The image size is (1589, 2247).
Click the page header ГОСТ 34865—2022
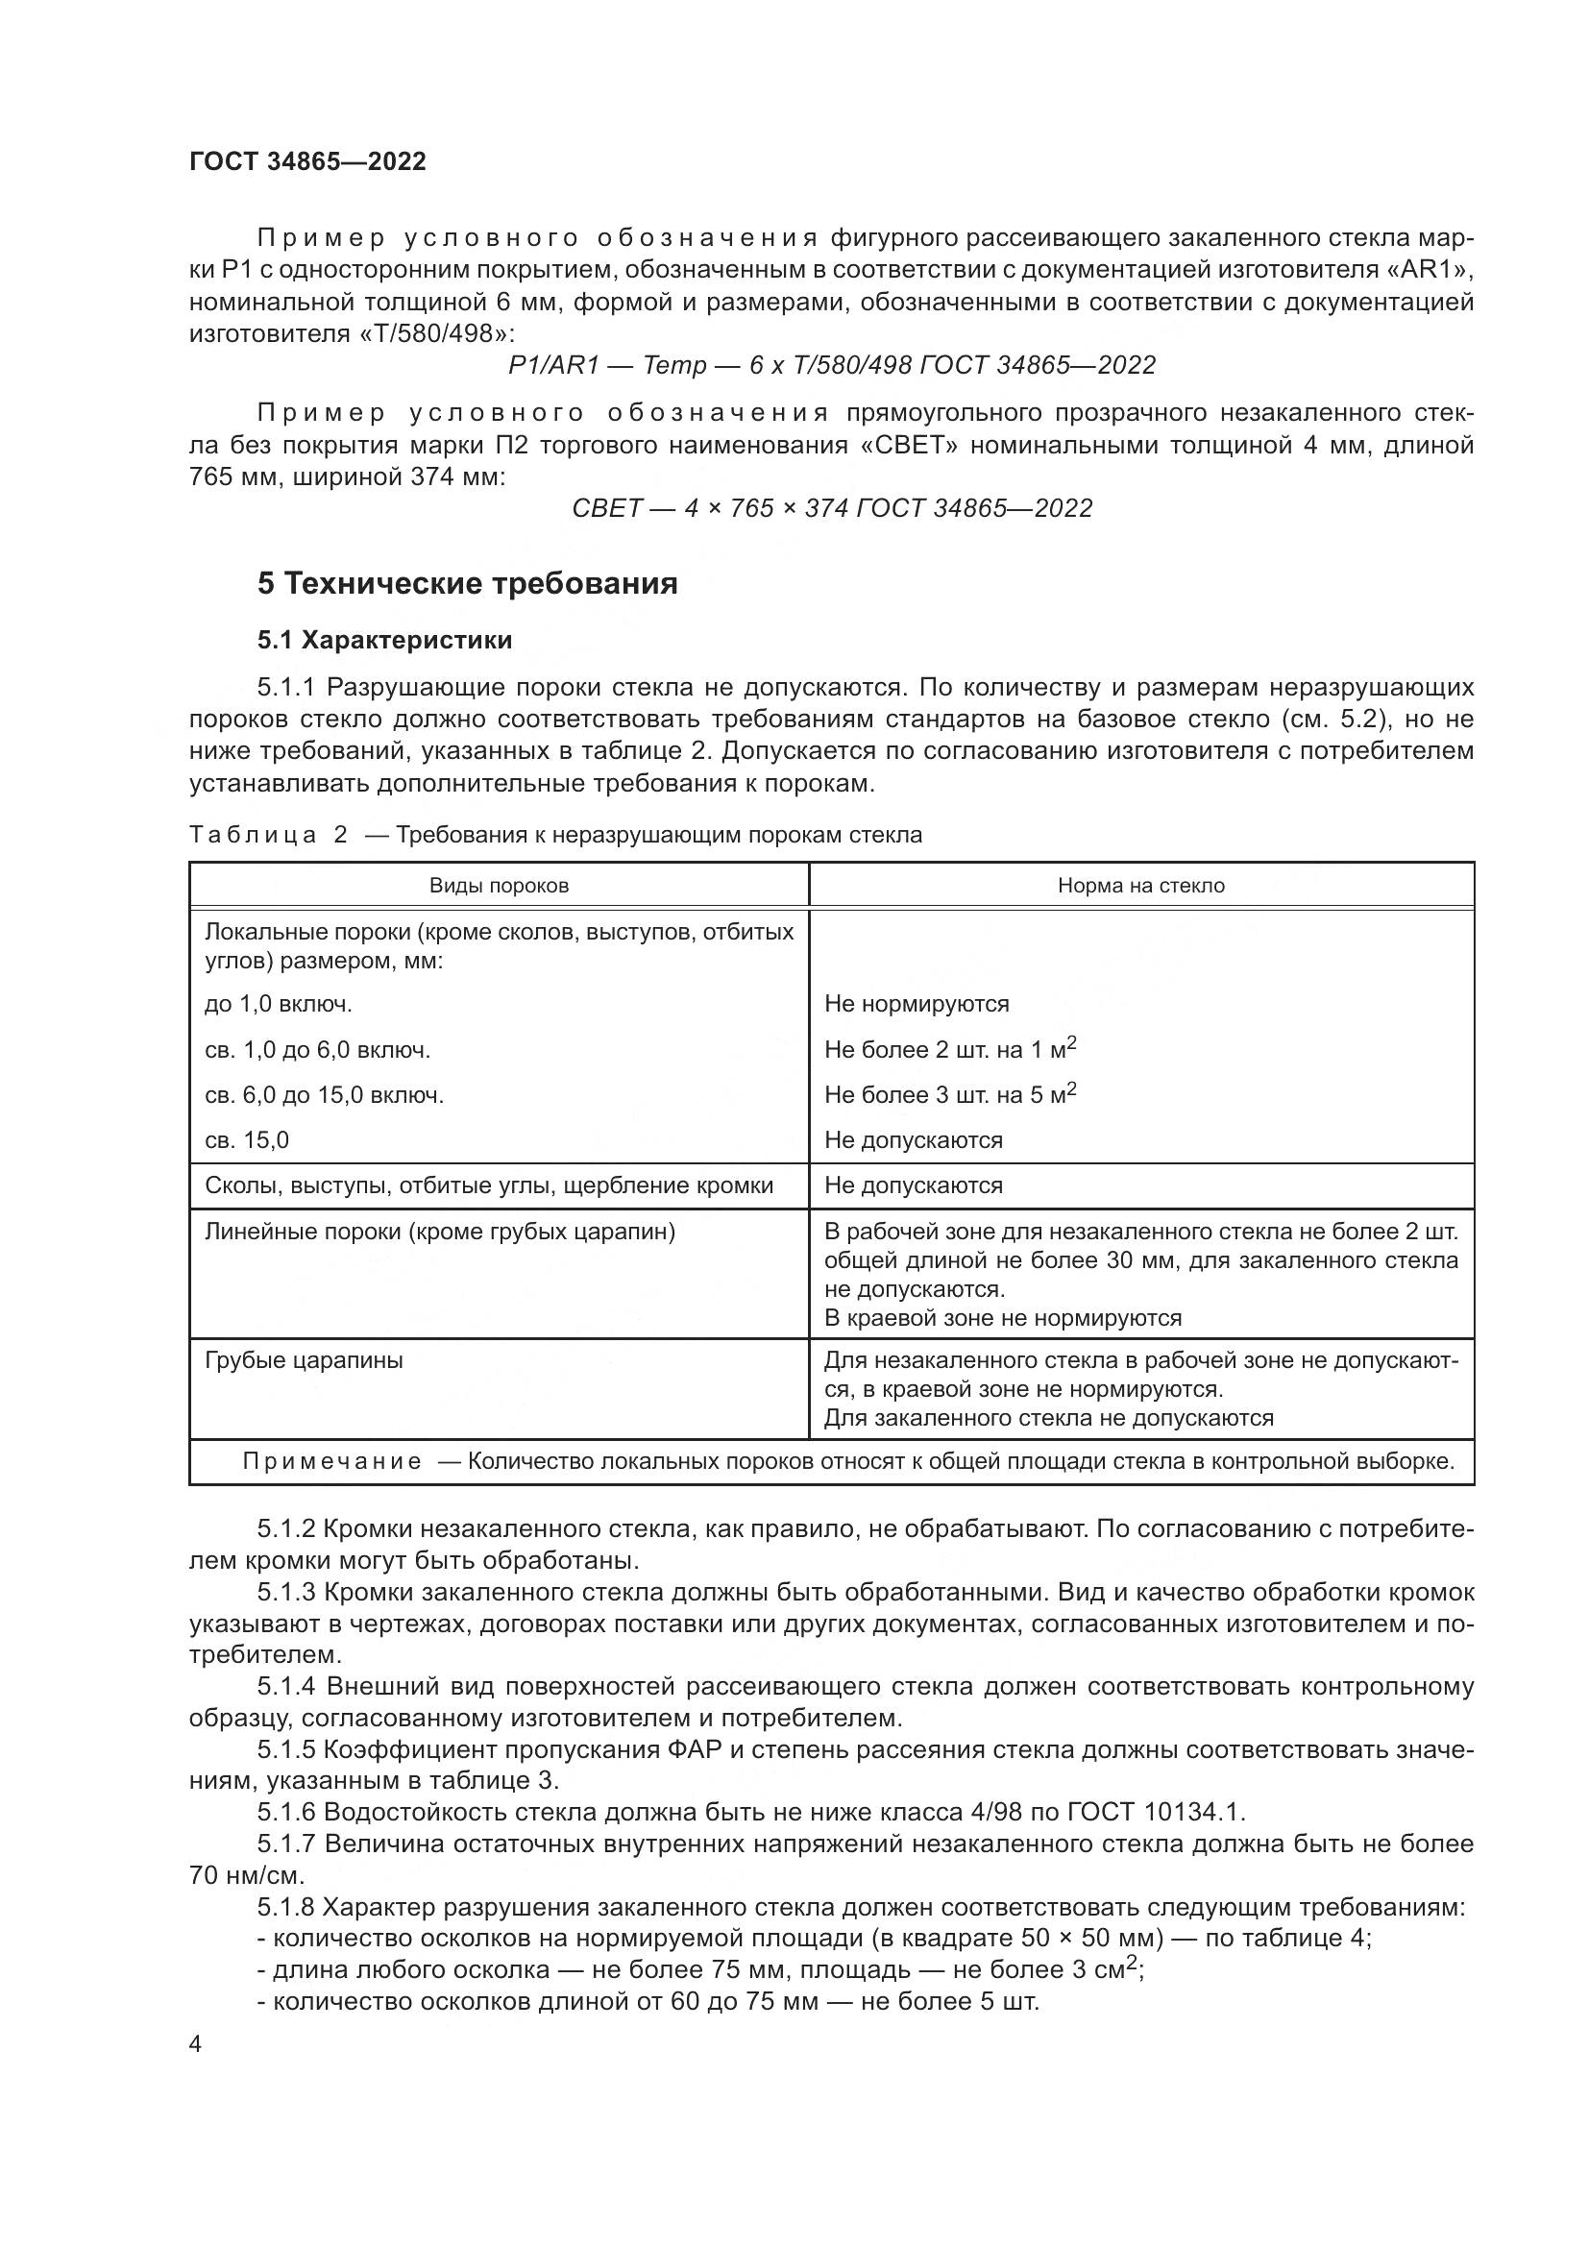307,161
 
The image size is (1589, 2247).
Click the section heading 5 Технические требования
467,583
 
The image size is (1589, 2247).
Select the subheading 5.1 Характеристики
384,640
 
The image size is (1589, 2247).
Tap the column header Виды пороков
499,886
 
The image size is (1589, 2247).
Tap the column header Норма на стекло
1141,886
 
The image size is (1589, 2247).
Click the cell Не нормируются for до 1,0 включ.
916,1003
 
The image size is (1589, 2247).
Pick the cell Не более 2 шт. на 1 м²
949,1049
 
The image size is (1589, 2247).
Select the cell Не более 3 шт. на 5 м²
949,1094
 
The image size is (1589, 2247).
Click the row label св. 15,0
247,1140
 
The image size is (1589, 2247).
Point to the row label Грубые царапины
304,1359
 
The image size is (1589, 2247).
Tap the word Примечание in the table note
331,1461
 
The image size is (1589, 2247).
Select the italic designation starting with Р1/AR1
832,365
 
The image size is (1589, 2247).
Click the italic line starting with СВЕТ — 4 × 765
832,508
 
